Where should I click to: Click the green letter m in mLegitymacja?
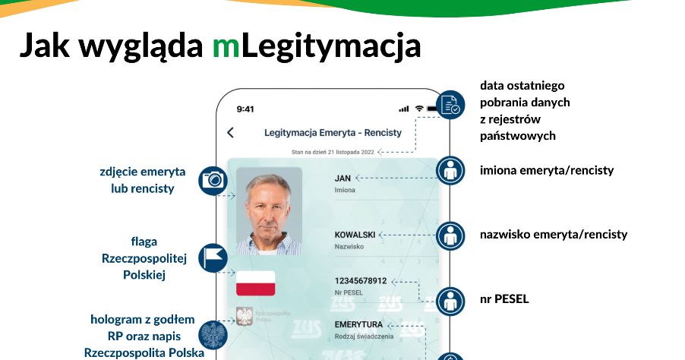[226, 46]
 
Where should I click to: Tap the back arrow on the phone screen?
[231, 132]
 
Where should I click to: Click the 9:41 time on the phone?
[245, 109]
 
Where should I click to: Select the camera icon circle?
[213, 180]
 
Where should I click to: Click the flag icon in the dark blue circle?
[213, 258]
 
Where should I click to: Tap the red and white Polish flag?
[256, 283]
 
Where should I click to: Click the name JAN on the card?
[342, 178]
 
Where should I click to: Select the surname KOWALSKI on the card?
[355, 235]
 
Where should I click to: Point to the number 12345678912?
[361, 281]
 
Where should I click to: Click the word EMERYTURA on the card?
[358, 324]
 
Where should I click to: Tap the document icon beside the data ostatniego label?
[450, 105]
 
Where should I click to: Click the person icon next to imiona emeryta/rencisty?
[450, 170]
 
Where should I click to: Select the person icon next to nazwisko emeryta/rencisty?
[450, 236]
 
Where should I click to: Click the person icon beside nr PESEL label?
[450, 302]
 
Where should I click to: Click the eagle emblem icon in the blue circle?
[213, 336]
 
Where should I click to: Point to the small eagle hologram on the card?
[245, 316]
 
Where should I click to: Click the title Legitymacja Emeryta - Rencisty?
[333, 133]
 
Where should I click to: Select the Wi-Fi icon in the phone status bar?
[419, 109]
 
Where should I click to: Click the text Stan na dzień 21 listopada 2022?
[333, 152]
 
